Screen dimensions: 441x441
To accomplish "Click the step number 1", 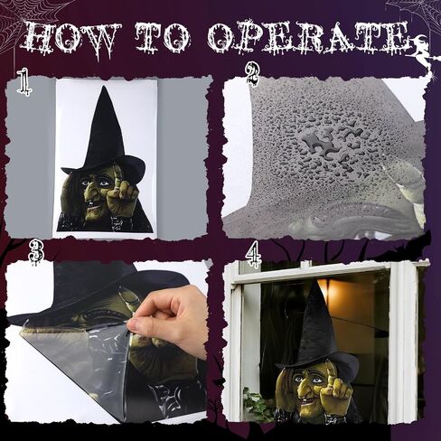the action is [x=23, y=81].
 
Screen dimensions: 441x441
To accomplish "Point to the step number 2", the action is [x=253, y=75].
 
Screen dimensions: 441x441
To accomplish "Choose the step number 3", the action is [x=36, y=253].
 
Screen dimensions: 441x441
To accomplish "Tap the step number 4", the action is [x=253, y=257].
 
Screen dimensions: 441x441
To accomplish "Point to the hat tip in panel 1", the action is [x=104, y=88].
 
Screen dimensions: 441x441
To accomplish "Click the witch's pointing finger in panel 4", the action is [x=331, y=371].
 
